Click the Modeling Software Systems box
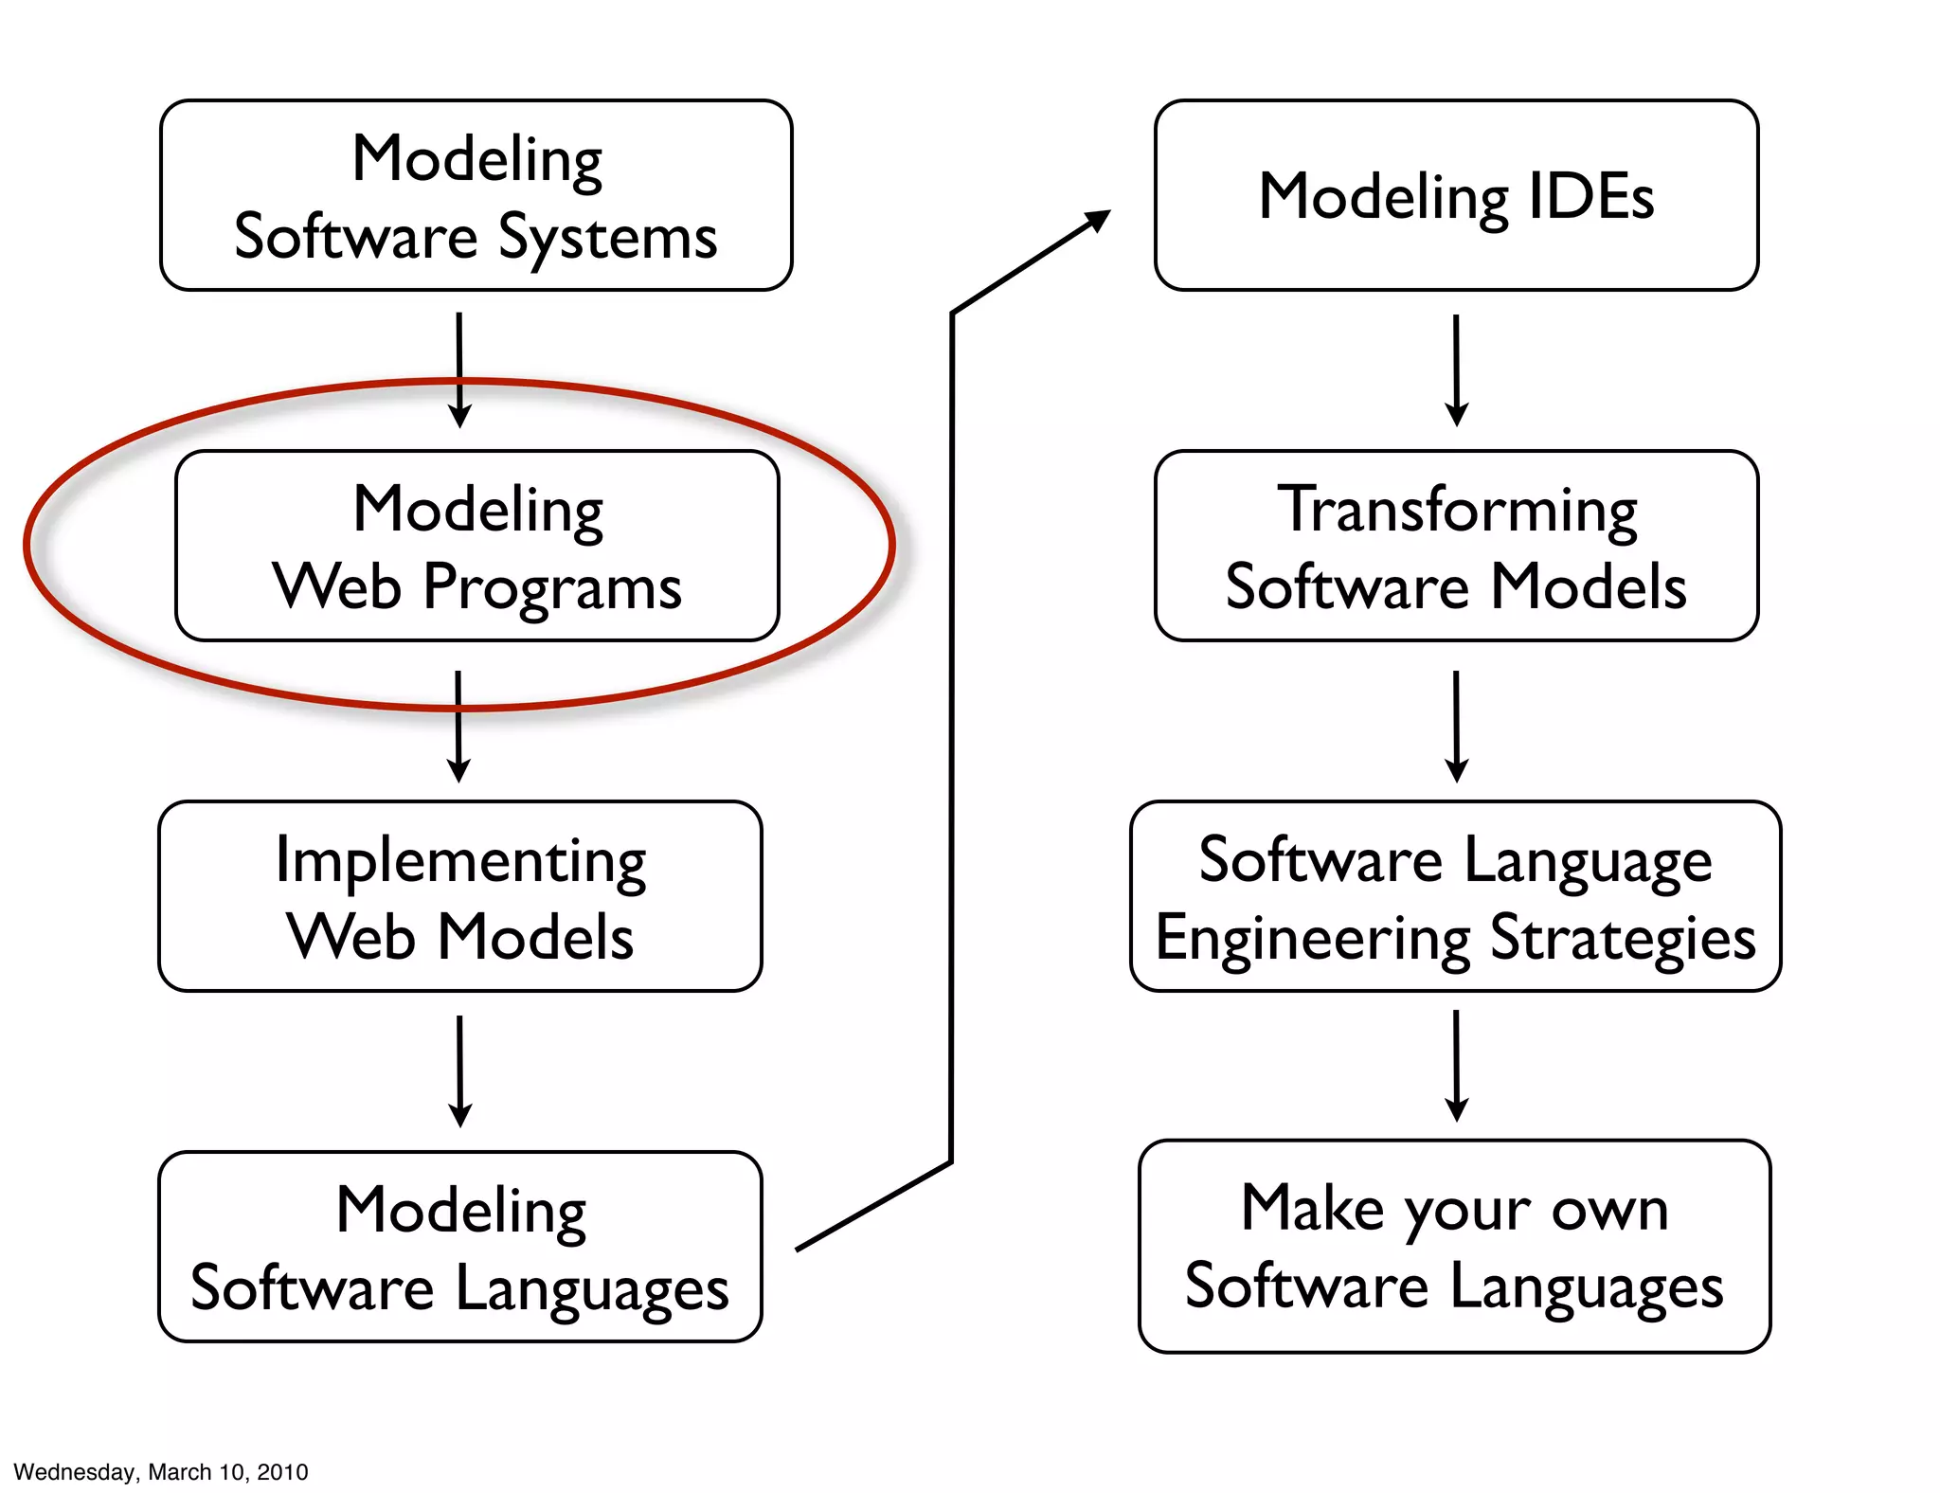coord(476,195)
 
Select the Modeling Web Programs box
coord(476,546)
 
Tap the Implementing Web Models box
coord(460,896)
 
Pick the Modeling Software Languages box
coord(460,1247)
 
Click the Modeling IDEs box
coord(1456,195)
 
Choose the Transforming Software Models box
coord(1456,546)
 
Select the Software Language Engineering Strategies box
coord(1456,896)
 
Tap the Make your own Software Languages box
coord(1454,1247)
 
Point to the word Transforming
coord(1457,512)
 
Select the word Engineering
coord(1313,938)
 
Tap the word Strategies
coord(1624,938)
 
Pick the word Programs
coord(552,588)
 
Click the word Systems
coord(607,238)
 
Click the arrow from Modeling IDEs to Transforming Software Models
coord(1457,369)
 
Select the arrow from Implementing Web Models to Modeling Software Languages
coord(460,1070)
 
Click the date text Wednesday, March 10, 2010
coord(161,1472)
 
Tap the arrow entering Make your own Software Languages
coord(1457,1066)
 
